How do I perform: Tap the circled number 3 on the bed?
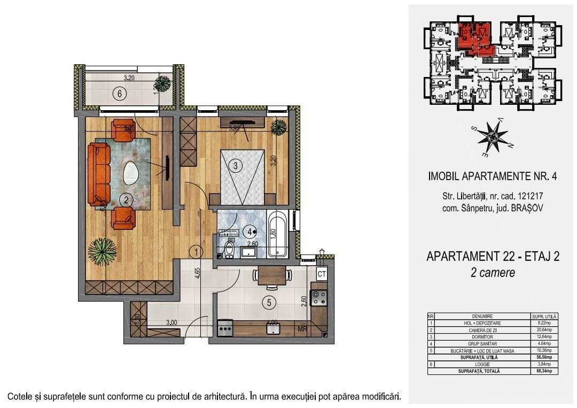click(235, 165)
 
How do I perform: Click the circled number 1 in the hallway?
click(197, 250)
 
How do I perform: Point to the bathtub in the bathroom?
click(279, 235)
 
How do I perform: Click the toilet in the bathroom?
click(229, 249)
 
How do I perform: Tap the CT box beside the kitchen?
click(322, 274)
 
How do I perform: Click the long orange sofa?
click(98, 174)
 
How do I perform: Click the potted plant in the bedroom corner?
click(278, 127)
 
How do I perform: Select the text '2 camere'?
click(493, 273)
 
